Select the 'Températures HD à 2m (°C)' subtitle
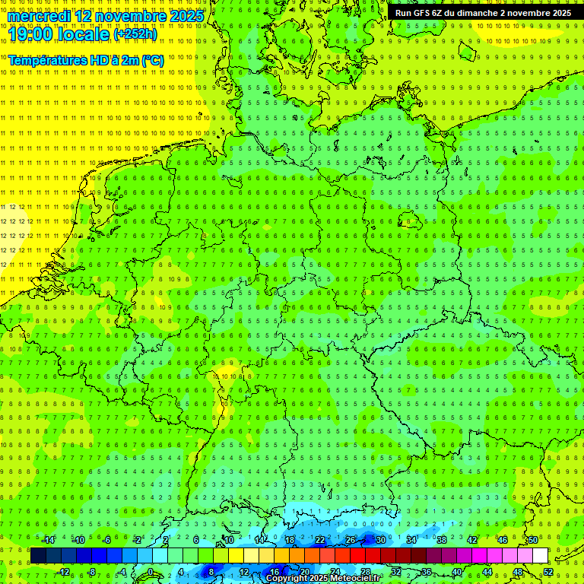[x=86, y=60]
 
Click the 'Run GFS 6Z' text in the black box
[x=419, y=13]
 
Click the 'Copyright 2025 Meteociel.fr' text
[x=322, y=579]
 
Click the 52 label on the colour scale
[x=548, y=572]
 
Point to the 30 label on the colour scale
[x=380, y=540]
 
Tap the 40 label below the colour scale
[x=457, y=572]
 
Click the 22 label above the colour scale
[x=320, y=540]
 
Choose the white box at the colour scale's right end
[x=541, y=556]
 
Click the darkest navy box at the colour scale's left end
[x=38, y=556]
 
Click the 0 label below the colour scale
[x=151, y=572]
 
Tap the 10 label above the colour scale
[x=229, y=540]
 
